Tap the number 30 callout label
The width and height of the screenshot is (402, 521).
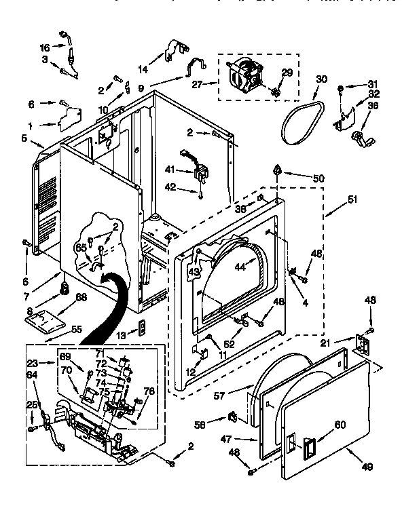click(x=321, y=79)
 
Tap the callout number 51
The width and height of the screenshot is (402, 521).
click(x=352, y=199)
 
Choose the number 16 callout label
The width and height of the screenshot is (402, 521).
click(x=44, y=47)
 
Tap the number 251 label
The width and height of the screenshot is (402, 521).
click(x=32, y=405)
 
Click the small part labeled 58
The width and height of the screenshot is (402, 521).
click(x=232, y=415)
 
